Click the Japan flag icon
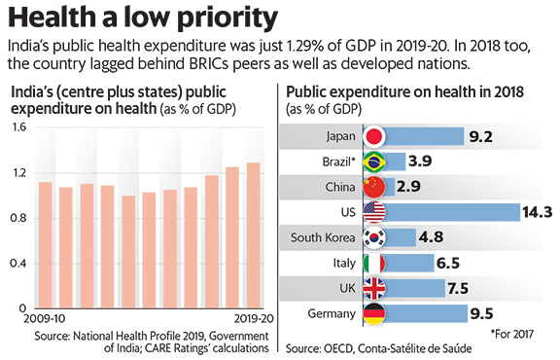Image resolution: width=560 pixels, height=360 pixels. [x=374, y=136]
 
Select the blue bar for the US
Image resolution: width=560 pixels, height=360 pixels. [x=452, y=212]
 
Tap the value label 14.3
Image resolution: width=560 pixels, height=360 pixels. [x=537, y=212]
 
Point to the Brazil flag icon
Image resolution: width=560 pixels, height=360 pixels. [x=374, y=162]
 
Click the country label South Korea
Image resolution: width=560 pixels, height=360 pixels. [x=323, y=237]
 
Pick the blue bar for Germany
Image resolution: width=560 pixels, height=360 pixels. [x=426, y=313]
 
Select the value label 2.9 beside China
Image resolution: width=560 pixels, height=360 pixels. [x=408, y=187]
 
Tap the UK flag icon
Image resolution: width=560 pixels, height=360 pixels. [x=374, y=288]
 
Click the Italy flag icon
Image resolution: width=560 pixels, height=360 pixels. [x=374, y=263]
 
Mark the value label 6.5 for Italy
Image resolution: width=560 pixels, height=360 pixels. [x=448, y=263]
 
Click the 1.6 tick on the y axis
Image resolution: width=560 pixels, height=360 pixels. [x=18, y=127]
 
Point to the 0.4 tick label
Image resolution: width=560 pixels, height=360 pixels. [x=18, y=264]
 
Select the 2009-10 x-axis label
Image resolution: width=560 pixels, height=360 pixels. [x=45, y=318]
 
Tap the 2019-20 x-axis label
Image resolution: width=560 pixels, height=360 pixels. [x=254, y=318]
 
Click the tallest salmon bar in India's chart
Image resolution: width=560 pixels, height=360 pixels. [x=254, y=235]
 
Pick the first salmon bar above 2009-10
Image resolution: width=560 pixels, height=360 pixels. [x=46, y=245]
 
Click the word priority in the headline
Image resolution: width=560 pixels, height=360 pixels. [x=227, y=18]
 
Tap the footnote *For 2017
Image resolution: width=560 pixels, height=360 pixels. [x=512, y=335]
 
